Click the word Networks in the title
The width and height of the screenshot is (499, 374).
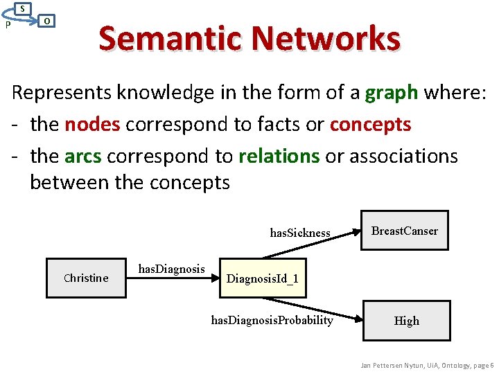pos(326,38)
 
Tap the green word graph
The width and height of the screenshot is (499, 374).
pos(392,92)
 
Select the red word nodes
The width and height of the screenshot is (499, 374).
pos(92,124)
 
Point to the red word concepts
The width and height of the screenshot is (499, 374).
pos(370,124)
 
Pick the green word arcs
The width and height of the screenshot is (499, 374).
pos(82,156)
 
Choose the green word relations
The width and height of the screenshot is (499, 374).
pos(279,156)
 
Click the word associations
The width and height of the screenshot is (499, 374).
pos(403,156)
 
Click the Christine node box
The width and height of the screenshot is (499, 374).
pos(86,278)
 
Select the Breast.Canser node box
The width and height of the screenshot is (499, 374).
pos(405,231)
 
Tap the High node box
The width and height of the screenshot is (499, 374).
pos(406,321)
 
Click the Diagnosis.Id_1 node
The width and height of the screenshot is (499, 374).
pos(263,278)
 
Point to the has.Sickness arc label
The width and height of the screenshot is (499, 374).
pos(300,233)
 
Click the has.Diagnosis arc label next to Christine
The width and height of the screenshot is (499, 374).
pos(172,269)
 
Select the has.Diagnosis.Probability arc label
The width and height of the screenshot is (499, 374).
pos(272,320)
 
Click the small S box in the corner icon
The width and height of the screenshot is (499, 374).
pos(23,8)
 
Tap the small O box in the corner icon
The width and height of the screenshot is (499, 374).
pos(46,21)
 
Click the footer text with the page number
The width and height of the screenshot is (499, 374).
pos(427,365)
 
